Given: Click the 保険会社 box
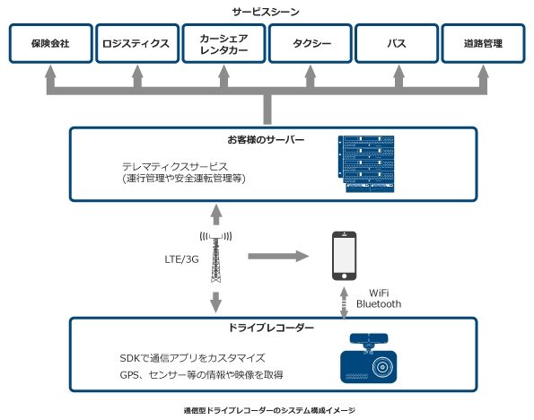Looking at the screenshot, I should [x=49, y=44].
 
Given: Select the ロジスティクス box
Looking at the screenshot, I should [x=136, y=44].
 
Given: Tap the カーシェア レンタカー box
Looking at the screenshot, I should [x=223, y=44].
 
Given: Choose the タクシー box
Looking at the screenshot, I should [x=310, y=44].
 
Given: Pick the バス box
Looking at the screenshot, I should [x=396, y=44].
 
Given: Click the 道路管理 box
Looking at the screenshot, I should [x=483, y=44].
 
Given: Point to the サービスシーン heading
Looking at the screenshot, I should [x=267, y=12].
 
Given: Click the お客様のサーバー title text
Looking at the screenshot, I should [x=266, y=141].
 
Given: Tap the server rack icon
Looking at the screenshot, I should [x=368, y=165].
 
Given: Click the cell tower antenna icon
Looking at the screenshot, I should [x=215, y=256].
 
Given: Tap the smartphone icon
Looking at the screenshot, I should [x=345, y=257].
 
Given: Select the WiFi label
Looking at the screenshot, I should [x=382, y=293].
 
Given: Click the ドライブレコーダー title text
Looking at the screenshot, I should [x=266, y=328].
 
